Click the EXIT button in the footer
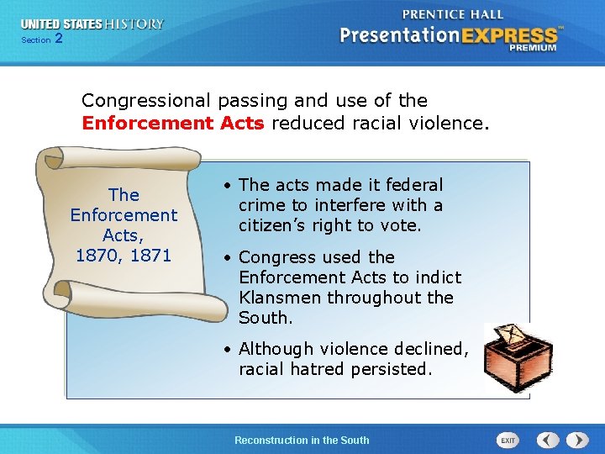[508, 440]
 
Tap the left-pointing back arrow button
[548, 440]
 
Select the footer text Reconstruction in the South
[302, 440]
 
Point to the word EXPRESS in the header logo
[508, 36]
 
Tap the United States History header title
[92, 24]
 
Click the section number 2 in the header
[58, 39]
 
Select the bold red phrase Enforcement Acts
[173, 124]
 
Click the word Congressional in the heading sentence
[147, 101]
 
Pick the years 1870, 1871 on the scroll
[124, 255]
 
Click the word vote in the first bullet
[403, 225]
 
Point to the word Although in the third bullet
[278, 348]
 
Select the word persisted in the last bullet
[391, 368]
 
